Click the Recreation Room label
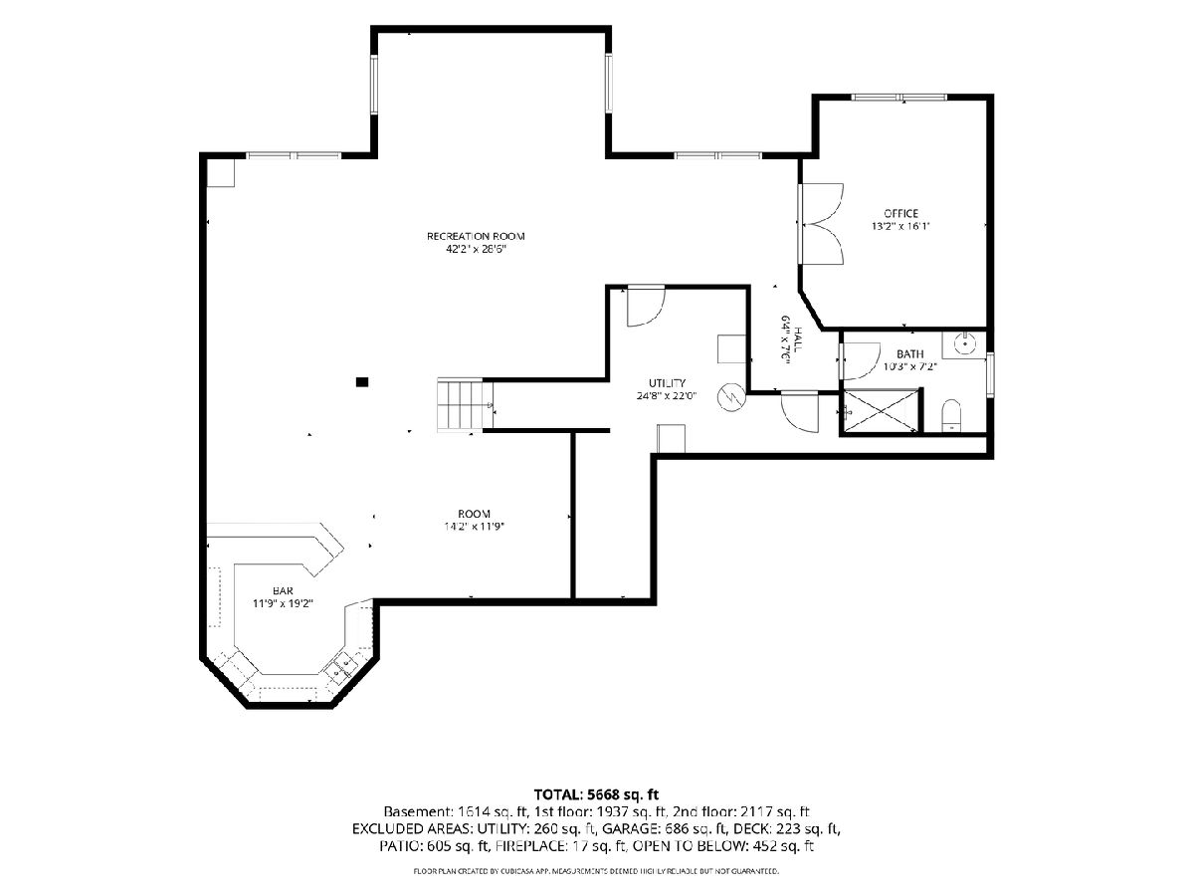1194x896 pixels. [476, 236]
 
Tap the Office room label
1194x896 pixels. [900, 213]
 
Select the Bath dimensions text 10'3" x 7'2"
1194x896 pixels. [909, 366]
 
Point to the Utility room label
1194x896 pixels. [667, 383]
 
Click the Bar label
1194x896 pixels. [283, 590]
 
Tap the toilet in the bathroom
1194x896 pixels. [951, 416]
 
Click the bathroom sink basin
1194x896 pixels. [964, 344]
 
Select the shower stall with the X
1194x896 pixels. [881, 411]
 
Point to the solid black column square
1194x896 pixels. [362, 382]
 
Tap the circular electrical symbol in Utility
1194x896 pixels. [730, 397]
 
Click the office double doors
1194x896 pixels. [822, 224]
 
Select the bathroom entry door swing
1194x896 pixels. [860, 360]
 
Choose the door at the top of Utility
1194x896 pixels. [646, 307]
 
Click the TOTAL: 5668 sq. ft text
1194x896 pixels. [596, 794]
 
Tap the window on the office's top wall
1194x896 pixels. [899, 98]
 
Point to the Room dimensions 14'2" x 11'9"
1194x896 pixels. [475, 526]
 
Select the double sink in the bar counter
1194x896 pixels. [342, 667]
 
